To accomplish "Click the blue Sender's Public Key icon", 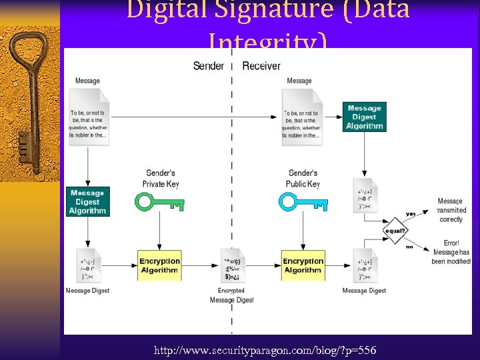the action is tap(303, 202).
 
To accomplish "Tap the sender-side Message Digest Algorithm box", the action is tap(87, 202).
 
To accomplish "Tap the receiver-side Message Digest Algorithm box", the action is tap(365, 117).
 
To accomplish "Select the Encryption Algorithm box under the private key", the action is tap(159, 265).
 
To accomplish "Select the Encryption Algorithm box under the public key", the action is tap(303, 265).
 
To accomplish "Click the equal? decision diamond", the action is tap(395, 231).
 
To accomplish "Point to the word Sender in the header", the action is tap(208, 65).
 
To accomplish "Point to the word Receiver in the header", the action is tap(261, 65).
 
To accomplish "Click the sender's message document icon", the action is tap(88, 117).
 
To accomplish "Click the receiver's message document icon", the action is tap(301, 117).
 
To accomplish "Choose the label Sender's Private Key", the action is tap(161, 179).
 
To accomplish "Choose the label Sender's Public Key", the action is tap(304, 179).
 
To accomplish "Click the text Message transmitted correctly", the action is tap(451, 210).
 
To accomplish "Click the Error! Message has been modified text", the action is tap(451, 252).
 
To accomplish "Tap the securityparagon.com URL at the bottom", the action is tap(265, 350).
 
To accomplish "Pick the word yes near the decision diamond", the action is tap(410, 214).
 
